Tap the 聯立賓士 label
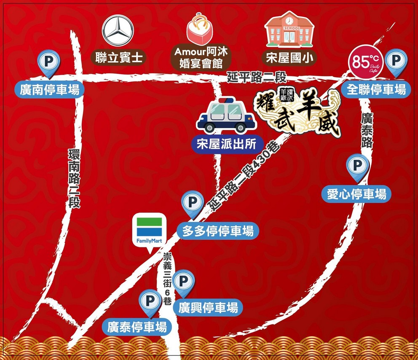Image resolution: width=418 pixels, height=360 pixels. pos(119,58)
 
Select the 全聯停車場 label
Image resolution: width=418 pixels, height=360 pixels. pos(376,89)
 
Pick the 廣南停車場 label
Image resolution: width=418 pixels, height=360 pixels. pos(50,89)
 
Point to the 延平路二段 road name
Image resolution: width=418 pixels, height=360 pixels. pos(257,77)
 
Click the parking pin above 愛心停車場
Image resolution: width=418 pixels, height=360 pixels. pos(357,167)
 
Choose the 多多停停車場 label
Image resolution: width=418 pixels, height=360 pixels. pos(218,231)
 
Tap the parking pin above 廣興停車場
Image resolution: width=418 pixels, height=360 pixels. pos(184,282)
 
